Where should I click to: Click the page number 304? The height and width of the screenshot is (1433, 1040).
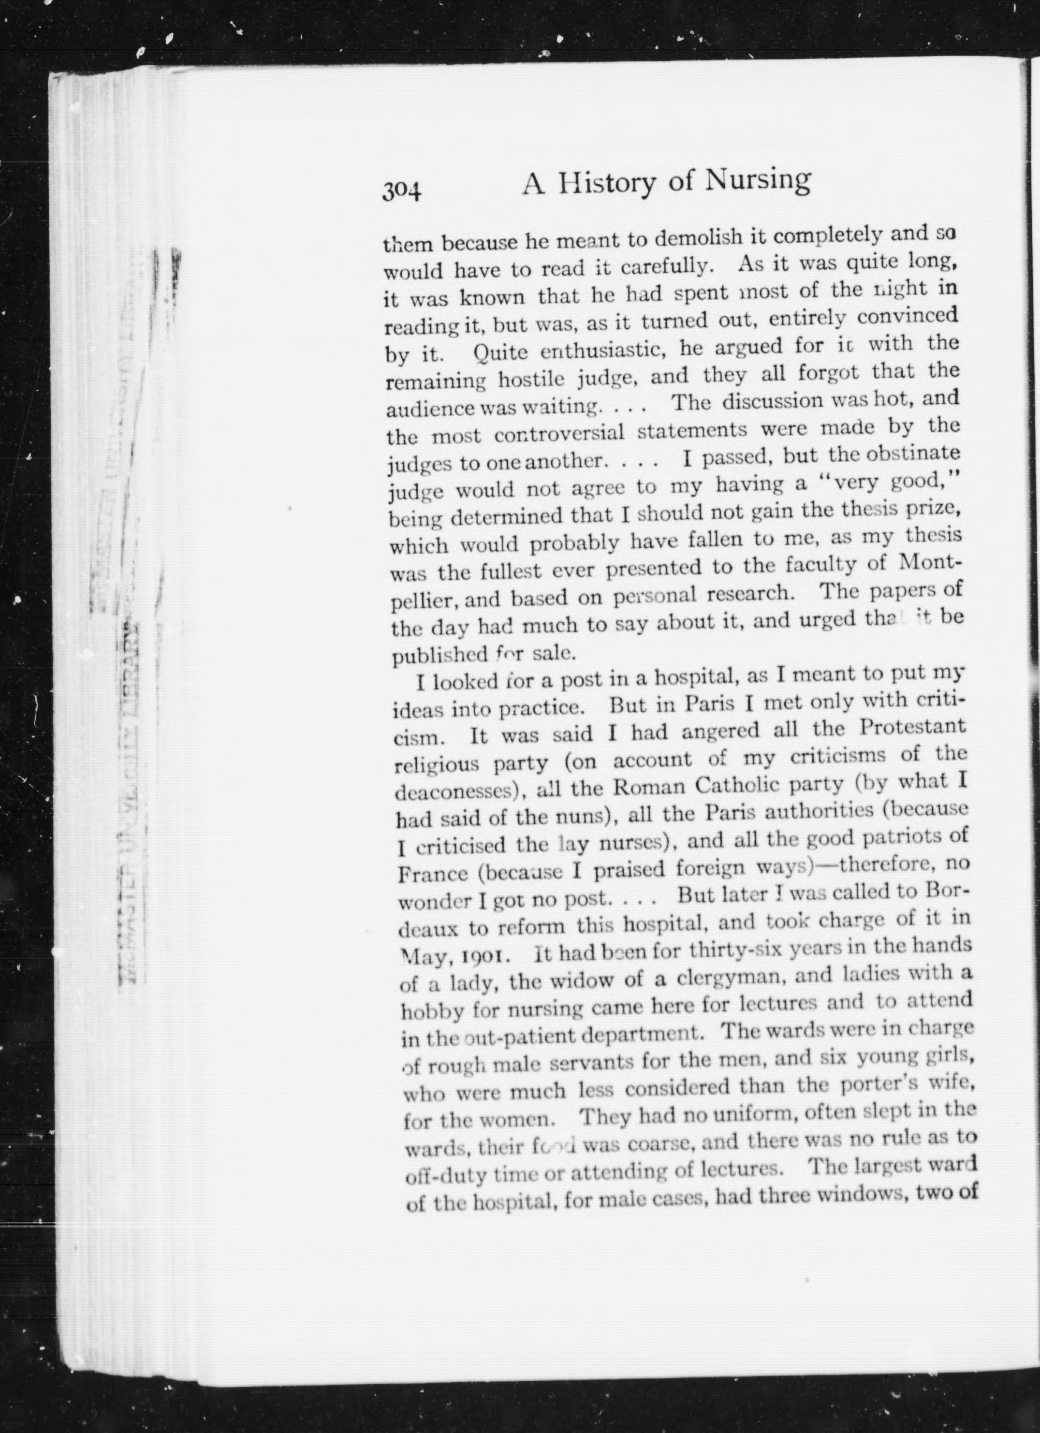click(x=402, y=190)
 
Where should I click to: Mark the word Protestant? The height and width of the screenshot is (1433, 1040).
click(x=912, y=728)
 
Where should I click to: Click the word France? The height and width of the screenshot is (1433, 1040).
click(x=433, y=874)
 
